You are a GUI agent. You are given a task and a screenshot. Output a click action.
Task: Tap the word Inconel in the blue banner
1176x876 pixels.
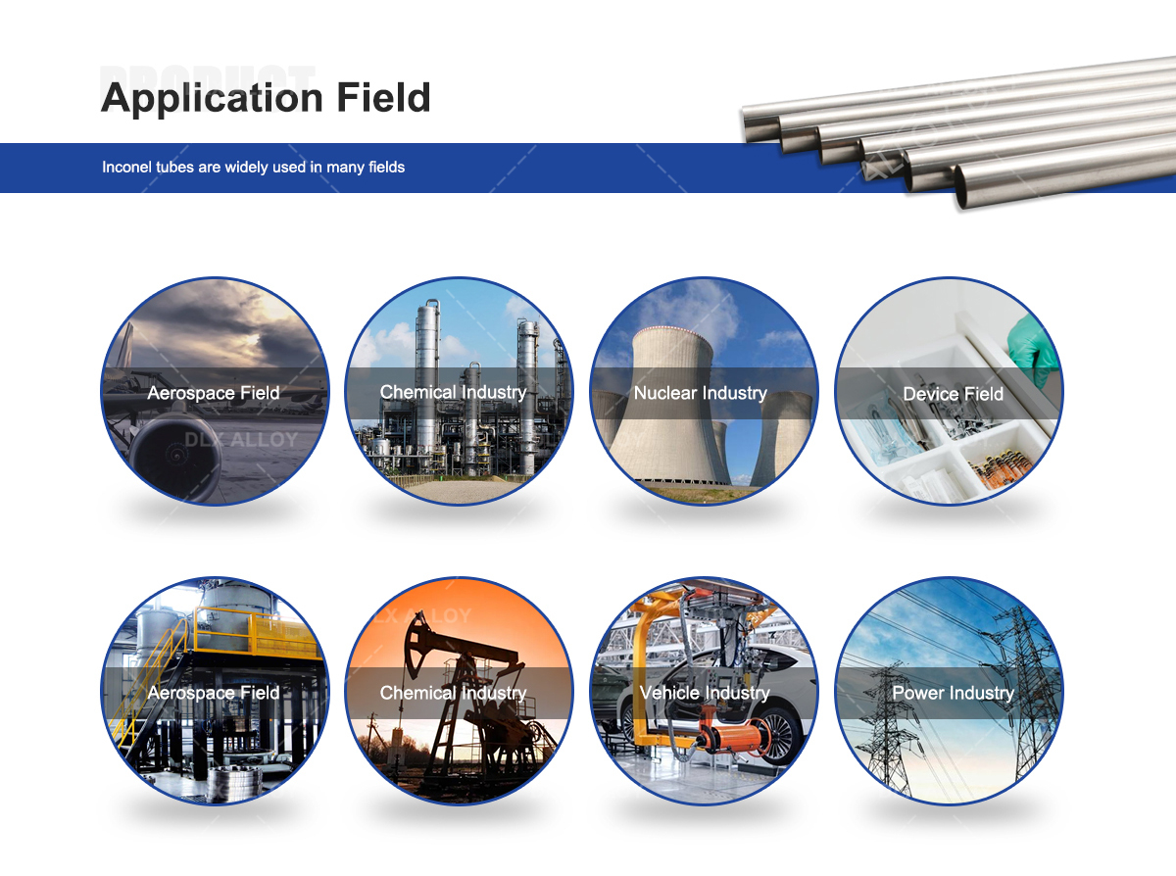(x=126, y=168)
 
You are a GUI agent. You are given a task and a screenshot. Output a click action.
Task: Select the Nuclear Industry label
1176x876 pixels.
(x=700, y=393)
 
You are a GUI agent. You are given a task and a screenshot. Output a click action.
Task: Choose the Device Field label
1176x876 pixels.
(x=953, y=394)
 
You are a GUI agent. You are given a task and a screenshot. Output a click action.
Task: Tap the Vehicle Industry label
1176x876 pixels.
(x=704, y=693)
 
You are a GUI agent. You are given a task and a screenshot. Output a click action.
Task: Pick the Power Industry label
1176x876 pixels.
(x=953, y=693)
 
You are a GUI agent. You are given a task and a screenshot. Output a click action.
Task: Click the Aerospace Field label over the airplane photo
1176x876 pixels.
(x=214, y=393)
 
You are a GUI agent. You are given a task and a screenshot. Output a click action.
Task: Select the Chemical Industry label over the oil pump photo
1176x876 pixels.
(x=453, y=693)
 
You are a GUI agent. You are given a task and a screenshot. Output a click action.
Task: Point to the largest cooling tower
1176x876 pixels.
(x=677, y=412)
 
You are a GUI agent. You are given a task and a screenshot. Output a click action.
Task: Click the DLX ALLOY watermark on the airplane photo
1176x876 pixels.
(x=241, y=440)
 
